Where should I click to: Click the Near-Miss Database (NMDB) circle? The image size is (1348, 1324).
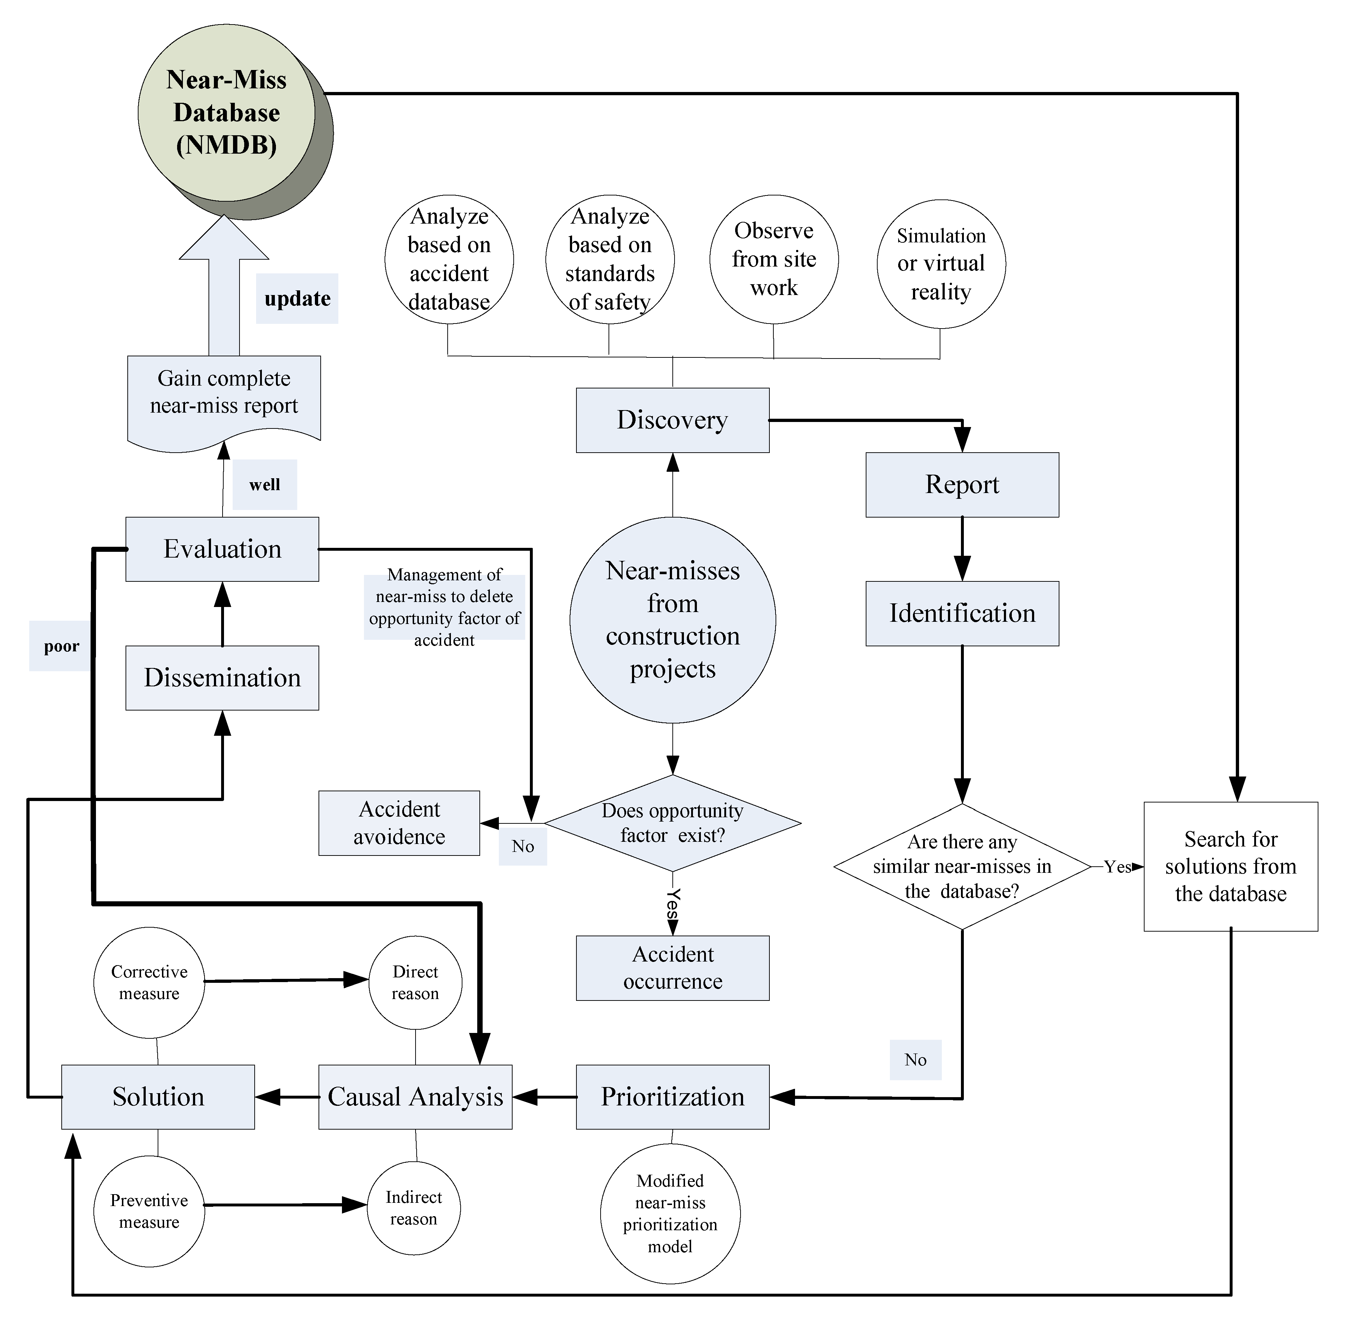tap(227, 113)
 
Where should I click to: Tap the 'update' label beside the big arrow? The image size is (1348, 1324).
tap(297, 299)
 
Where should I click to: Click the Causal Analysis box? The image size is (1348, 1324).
tap(415, 1097)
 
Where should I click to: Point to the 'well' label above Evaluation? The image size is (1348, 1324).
tap(264, 485)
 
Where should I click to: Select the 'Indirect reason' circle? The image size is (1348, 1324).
tap(414, 1207)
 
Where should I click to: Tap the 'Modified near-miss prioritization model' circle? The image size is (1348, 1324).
tap(670, 1213)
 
